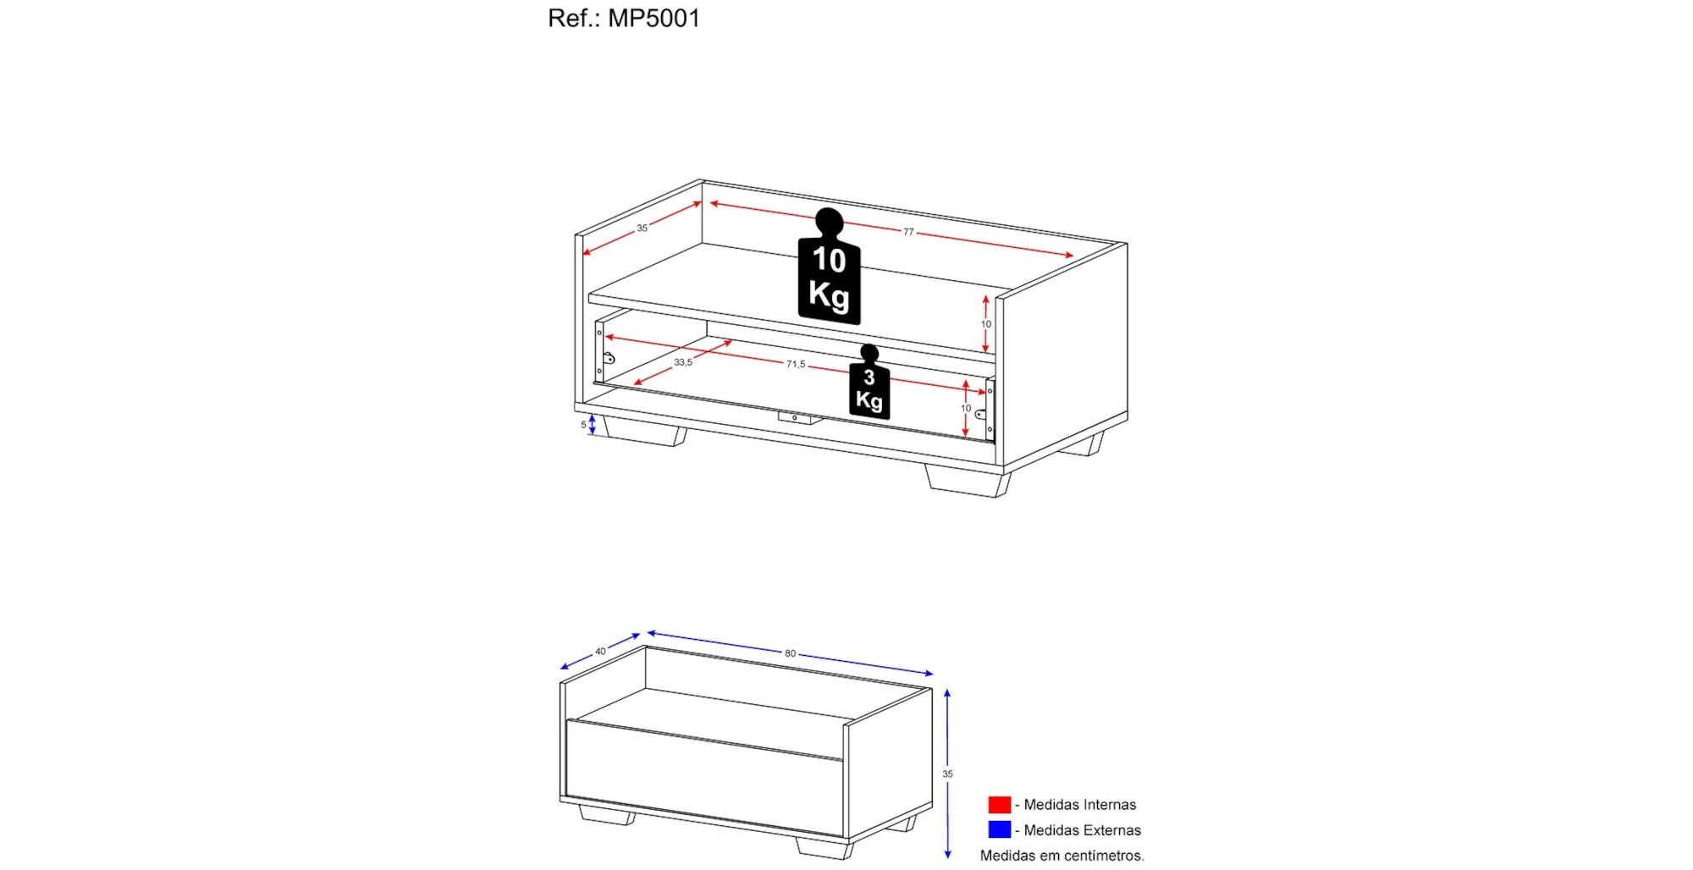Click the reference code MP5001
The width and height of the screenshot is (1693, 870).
click(x=653, y=18)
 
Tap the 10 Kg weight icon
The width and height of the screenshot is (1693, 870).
click(x=829, y=267)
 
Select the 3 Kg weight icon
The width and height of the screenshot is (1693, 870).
click(x=869, y=382)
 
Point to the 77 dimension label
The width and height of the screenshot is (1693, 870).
click(x=908, y=232)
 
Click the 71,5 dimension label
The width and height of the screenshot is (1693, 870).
click(x=796, y=364)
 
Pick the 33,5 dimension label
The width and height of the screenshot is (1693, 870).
click(x=683, y=362)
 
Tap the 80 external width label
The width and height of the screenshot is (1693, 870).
click(x=790, y=653)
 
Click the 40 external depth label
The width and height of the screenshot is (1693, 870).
click(x=600, y=652)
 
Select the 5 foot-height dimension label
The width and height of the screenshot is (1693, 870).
click(x=583, y=425)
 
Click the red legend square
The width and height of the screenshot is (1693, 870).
click(x=1000, y=805)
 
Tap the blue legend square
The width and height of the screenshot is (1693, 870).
click(x=1000, y=830)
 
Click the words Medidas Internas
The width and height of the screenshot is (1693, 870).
click(x=1080, y=805)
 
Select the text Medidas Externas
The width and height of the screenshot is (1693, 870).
click(x=1083, y=830)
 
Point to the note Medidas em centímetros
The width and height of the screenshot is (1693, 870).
click(x=1062, y=856)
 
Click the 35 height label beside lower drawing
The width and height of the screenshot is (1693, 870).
click(x=948, y=774)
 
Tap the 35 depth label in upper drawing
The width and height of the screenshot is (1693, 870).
click(x=642, y=229)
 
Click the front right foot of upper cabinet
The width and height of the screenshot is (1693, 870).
click(x=968, y=480)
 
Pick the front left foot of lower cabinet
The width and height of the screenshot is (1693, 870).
click(x=607, y=814)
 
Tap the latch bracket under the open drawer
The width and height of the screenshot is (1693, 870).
click(x=796, y=418)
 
